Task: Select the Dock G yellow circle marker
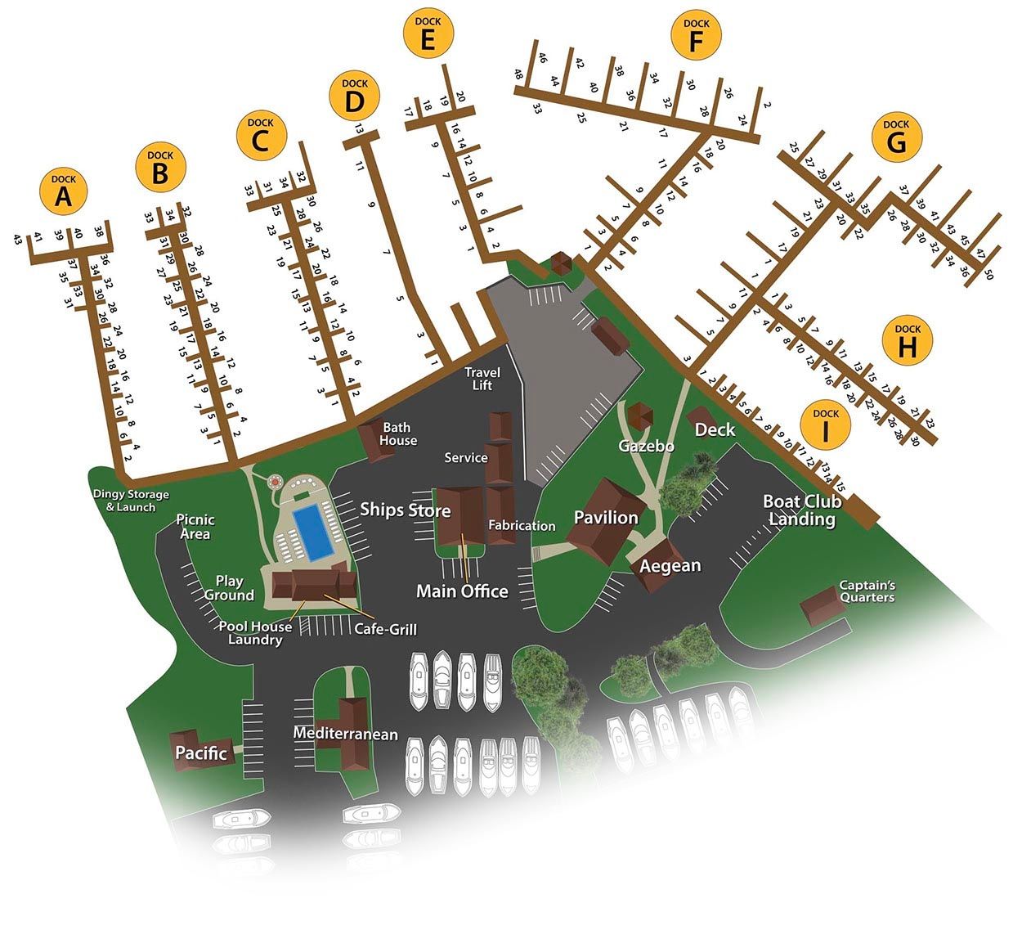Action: click(x=896, y=137)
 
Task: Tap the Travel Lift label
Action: click(x=482, y=379)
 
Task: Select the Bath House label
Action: click(x=398, y=434)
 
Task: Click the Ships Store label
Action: click(x=406, y=510)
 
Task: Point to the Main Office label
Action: click(x=462, y=591)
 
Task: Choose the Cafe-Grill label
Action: click(x=385, y=629)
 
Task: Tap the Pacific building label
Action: click(x=200, y=753)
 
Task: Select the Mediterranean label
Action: click(x=346, y=734)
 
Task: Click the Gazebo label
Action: click(x=646, y=446)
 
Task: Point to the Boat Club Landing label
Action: click(x=802, y=510)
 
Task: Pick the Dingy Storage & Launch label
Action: click(x=131, y=501)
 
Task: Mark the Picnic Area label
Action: click(x=195, y=527)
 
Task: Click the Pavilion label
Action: click(x=606, y=517)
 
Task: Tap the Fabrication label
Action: click(x=522, y=526)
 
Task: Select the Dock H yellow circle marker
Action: click(x=908, y=340)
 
